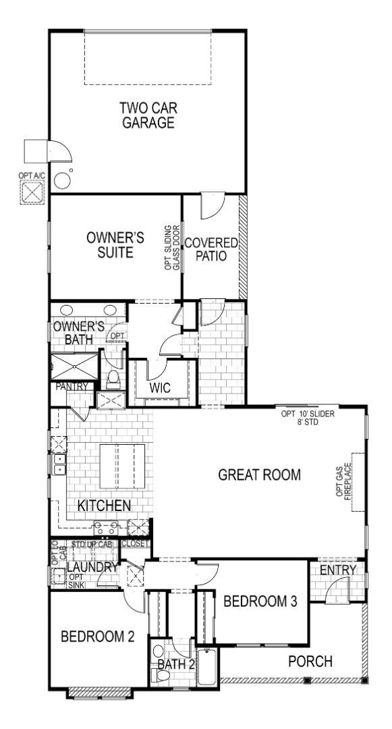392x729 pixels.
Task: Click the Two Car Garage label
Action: point(147,115)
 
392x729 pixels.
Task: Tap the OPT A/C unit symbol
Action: point(32,192)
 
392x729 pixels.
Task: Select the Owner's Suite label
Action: point(115,245)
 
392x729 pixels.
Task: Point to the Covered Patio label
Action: point(211,249)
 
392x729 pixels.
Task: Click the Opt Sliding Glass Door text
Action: point(173,248)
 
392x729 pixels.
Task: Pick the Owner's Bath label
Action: point(78,333)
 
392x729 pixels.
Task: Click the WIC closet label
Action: point(159,388)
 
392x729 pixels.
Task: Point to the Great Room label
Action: point(259,474)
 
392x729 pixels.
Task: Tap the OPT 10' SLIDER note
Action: point(308,417)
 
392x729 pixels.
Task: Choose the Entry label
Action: point(337,570)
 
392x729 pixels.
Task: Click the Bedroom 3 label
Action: point(260,601)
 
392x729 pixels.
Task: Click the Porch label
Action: point(310,661)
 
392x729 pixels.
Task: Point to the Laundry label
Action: point(92,567)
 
